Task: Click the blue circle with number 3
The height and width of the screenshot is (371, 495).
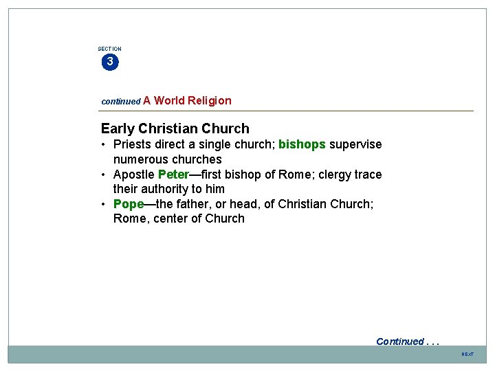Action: (x=109, y=62)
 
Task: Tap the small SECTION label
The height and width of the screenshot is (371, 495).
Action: (x=109, y=49)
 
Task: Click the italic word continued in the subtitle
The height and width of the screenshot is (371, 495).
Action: (x=120, y=101)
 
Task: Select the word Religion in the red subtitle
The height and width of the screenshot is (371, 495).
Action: (x=210, y=100)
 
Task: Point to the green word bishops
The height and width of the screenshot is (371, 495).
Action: (x=302, y=144)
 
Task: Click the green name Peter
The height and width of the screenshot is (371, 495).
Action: (x=173, y=175)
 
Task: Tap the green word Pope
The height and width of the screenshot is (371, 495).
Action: (x=129, y=204)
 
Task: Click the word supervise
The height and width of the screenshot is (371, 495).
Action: (x=355, y=144)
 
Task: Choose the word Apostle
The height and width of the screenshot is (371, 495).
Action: (x=134, y=175)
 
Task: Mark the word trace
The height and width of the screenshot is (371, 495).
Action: (x=368, y=175)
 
